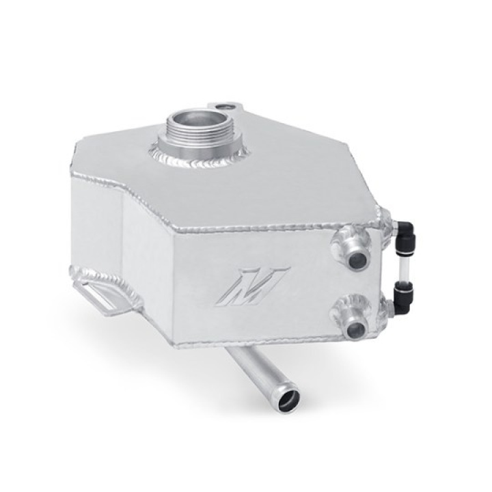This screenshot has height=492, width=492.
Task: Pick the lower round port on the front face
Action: [355, 329]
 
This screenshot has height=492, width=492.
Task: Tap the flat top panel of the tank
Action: [273, 184]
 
